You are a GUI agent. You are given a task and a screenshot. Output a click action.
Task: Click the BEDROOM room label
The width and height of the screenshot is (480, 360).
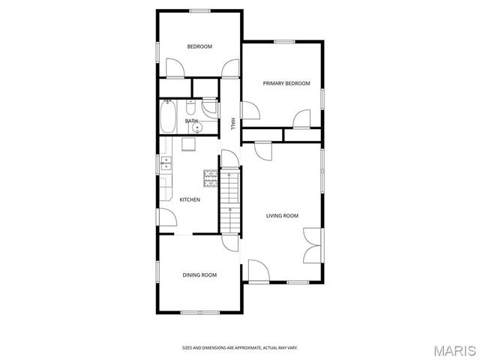coord(199,46)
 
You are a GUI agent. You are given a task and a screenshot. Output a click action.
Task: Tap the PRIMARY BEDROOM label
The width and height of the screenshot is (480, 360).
coord(286,83)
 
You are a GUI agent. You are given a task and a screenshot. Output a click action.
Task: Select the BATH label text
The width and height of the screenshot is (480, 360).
coord(192,121)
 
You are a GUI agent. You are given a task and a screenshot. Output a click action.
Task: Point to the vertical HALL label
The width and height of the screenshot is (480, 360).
coord(233,124)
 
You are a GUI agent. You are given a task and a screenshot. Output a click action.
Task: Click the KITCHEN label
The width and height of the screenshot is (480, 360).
coord(189,199)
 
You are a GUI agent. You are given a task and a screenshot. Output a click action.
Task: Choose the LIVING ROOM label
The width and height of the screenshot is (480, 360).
coord(282,216)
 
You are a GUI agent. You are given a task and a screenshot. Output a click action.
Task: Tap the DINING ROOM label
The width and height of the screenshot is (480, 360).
coord(199,275)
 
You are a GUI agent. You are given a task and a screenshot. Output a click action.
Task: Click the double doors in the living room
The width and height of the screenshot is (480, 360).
coord(313,246)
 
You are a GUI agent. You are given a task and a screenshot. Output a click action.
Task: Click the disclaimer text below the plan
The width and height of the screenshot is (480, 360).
coord(240,347)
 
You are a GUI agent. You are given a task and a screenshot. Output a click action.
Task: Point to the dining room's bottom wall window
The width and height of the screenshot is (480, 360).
coord(199,312)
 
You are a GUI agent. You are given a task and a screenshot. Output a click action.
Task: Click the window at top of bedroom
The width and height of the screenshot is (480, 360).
coord(199,10)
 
